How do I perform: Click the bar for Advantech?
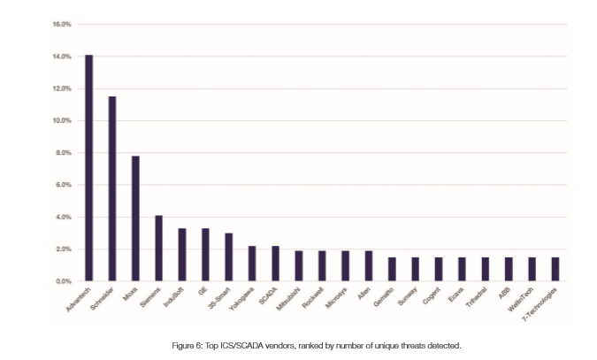tap(88, 168)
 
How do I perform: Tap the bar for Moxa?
tap(135, 218)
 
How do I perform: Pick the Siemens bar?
tap(158, 249)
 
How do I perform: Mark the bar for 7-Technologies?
tap(554, 269)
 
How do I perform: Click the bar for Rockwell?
tap(321, 266)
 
